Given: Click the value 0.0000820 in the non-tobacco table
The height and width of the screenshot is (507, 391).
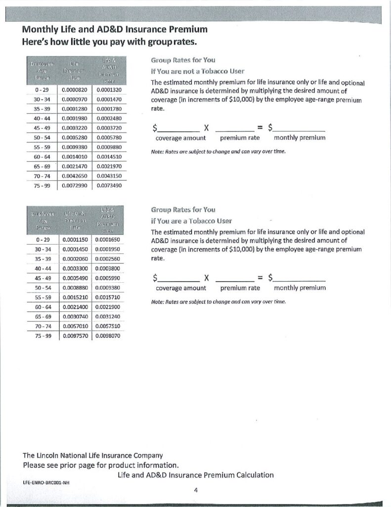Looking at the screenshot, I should tap(75, 90).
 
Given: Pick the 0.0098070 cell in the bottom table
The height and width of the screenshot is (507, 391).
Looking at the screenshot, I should tap(108, 335).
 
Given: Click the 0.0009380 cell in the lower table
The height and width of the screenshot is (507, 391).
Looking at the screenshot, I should tap(108, 288).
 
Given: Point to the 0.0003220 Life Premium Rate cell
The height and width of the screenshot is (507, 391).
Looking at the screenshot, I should tap(75, 128).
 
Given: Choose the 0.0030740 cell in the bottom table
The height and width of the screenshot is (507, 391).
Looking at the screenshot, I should tap(76, 316).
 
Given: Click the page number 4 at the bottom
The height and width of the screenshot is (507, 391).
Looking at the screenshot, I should tap(196, 490).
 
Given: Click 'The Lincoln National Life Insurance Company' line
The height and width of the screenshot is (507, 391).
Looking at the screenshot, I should tap(93, 455).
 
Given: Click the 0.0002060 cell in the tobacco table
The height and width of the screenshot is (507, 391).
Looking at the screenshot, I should tap(76, 259).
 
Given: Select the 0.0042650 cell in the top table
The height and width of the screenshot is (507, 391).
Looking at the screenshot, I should tap(75, 176).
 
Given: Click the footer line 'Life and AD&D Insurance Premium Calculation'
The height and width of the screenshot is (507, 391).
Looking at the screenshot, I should tap(196, 475).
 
